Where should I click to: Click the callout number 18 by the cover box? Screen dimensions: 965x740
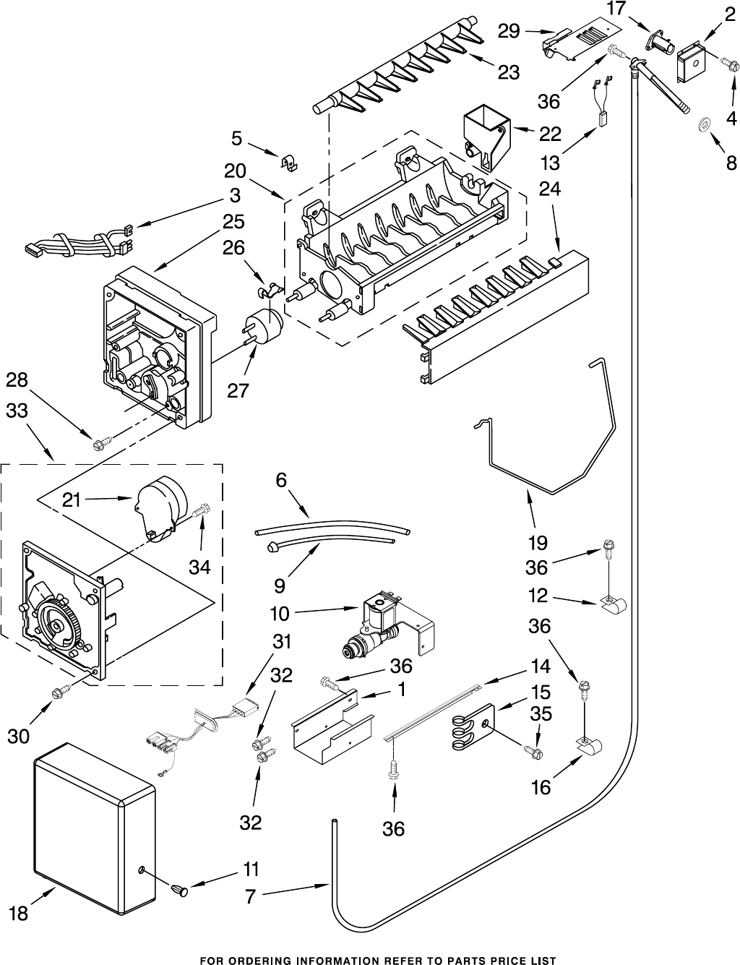click(x=19, y=913)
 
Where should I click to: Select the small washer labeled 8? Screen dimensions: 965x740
click(x=702, y=126)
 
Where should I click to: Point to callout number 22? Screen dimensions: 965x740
click(x=550, y=134)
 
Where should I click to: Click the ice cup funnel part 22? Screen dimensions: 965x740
click(x=485, y=134)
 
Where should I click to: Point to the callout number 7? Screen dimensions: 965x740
click(x=249, y=897)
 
